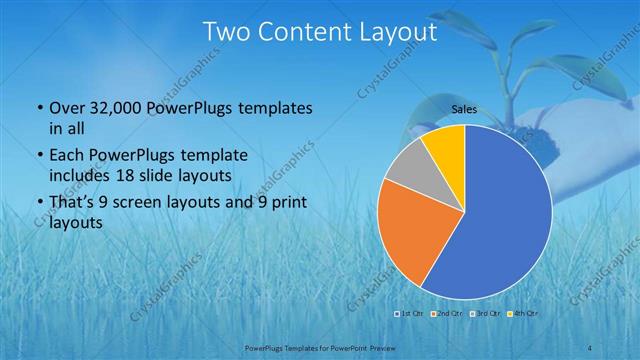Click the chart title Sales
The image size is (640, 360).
[464, 109]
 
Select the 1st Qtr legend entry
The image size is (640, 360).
[410, 313]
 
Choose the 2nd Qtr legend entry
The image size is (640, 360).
[448, 313]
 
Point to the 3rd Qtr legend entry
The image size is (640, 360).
[487, 313]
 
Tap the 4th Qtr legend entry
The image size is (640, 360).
[525, 313]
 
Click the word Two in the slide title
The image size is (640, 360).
[225, 33]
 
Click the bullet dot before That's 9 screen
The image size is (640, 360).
[38, 204]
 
